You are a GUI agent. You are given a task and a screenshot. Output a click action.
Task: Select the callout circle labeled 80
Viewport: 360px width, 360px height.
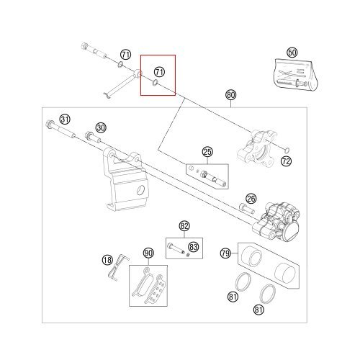(230, 95)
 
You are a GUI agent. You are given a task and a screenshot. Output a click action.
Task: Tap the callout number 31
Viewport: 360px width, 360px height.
(65, 120)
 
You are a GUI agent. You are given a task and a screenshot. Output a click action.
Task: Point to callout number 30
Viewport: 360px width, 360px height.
(100, 127)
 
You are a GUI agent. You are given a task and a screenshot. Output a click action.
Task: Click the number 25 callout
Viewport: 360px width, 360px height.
(207, 152)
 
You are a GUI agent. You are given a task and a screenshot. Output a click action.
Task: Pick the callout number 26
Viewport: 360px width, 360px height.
(251, 198)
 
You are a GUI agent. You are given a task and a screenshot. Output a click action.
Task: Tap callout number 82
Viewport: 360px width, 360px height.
(184, 226)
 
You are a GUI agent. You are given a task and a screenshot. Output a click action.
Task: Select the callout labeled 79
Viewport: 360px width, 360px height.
(225, 253)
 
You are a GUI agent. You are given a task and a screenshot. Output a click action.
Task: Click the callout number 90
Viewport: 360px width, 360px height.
(148, 253)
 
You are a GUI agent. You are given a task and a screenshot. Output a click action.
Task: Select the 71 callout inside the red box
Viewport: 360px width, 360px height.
(160, 72)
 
